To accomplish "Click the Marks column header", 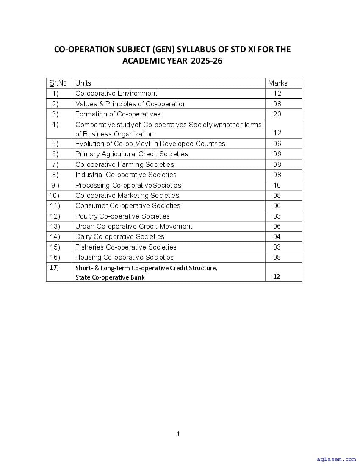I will [x=278, y=83].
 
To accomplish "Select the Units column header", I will [x=83, y=83].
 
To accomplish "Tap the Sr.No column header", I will [x=58, y=83].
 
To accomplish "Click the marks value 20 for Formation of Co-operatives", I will [x=277, y=114].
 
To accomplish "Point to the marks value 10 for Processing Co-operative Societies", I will [x=277, y=185].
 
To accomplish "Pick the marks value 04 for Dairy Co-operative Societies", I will [x=277, y=236].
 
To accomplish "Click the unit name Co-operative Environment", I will [x=116, y=93].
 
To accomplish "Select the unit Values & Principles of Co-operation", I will [x=131, y=104].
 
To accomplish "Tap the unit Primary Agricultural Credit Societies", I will [x=131, y=154].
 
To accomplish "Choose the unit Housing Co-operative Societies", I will [x=124, y=257].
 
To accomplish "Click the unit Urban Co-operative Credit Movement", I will [x=134, y=226].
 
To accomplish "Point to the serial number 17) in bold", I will [x=54, y=267].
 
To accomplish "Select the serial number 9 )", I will [x=55, y=185].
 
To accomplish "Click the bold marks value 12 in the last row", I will [x=277, y=277].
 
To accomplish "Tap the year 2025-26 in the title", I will [x=206, y=61].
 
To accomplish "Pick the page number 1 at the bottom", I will [x=178, y=433].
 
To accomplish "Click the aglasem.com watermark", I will [x=336, y=459].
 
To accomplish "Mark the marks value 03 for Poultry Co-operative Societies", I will [x=277, y=216].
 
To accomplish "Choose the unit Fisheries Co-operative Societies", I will [x=126, y=247].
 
